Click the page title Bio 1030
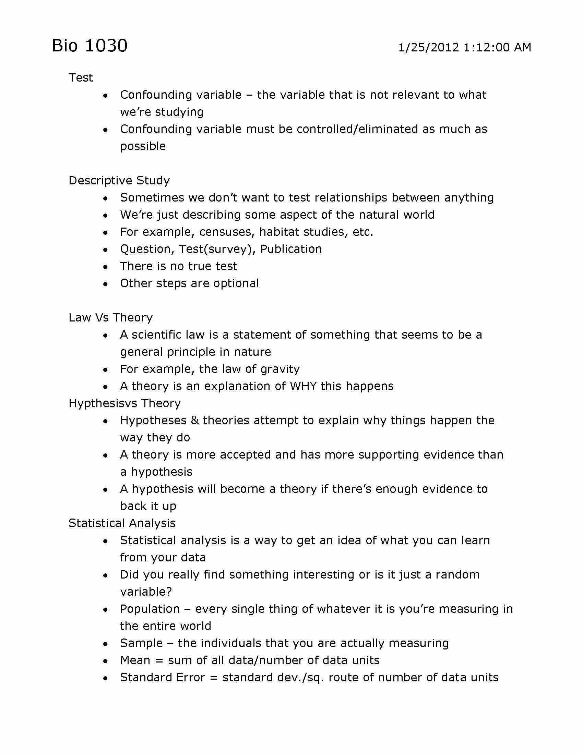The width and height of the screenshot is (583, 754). click(90, 46)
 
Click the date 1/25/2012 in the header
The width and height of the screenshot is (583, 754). click(429, 47)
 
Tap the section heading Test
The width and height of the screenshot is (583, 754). click(81, 78)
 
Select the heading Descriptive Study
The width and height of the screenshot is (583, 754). click(119, 181)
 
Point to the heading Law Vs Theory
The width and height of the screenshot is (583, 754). click(110, 318)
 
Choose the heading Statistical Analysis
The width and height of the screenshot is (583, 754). click(122, 523)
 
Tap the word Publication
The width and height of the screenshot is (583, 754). click(291, 249)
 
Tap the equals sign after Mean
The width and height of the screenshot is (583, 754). click(159, 661)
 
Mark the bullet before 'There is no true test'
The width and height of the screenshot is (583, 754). click(105, 267)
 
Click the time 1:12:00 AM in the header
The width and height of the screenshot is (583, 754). click(497, 47)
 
